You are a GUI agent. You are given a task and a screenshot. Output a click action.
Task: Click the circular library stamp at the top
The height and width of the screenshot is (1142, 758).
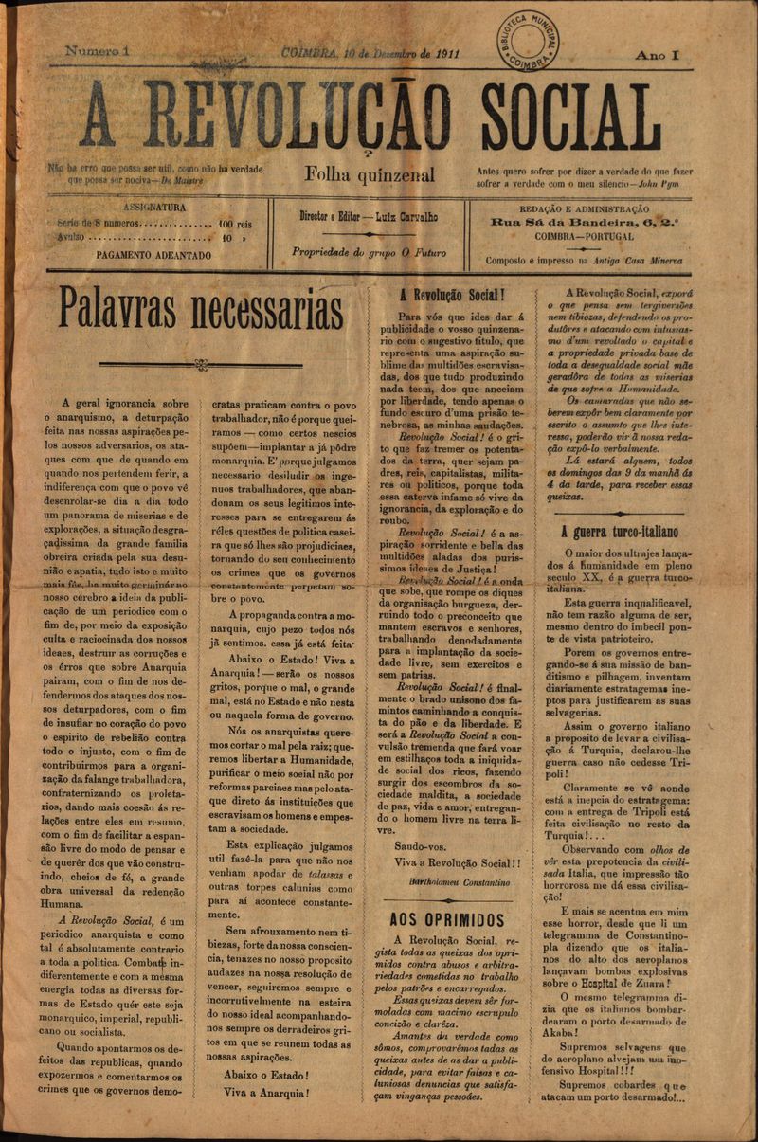tap(528, 41)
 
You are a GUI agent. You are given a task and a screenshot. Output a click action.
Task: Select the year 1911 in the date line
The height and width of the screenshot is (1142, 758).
tap(442, 53)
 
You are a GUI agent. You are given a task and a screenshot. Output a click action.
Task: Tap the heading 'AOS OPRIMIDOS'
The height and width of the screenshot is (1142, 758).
tap(447, 919)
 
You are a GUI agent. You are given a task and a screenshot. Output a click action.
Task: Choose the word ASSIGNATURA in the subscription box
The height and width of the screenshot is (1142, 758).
tap(154, 206)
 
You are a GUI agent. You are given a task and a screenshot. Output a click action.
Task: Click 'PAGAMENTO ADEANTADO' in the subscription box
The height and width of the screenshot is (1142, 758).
tap(153, 255)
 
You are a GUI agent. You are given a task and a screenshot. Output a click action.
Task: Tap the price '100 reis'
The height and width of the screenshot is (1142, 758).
tap(235, 225)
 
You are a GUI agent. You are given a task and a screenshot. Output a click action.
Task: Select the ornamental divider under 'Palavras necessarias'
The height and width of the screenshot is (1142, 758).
tap(200, 363)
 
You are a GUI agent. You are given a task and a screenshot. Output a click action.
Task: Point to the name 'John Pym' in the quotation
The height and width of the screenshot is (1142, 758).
tap(669, 184)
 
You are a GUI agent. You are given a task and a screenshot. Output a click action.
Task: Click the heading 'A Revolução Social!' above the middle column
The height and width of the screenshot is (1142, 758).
tap(451, 294)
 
